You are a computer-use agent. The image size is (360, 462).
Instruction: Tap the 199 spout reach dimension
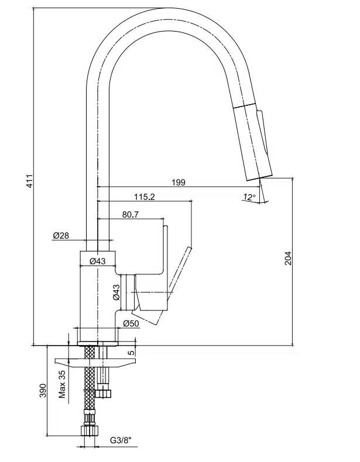coord(179,182)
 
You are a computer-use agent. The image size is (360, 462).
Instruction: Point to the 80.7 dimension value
coord(131,215)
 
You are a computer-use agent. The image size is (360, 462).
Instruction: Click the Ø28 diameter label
coord(61,236)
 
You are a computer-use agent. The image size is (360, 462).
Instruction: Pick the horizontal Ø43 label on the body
coord(97,261)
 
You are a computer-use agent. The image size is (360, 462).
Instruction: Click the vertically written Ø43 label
coord(116,293)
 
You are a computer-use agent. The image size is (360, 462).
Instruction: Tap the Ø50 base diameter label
coord(132,323)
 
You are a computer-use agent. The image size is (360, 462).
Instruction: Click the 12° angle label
coord(249,197)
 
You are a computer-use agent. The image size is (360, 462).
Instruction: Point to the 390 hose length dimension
coord(42,391)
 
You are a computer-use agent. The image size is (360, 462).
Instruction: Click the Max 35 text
coord(62,383)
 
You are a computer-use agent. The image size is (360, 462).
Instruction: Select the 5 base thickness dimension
coord(132,351)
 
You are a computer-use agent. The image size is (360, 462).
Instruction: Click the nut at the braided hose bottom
coord(90,432)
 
